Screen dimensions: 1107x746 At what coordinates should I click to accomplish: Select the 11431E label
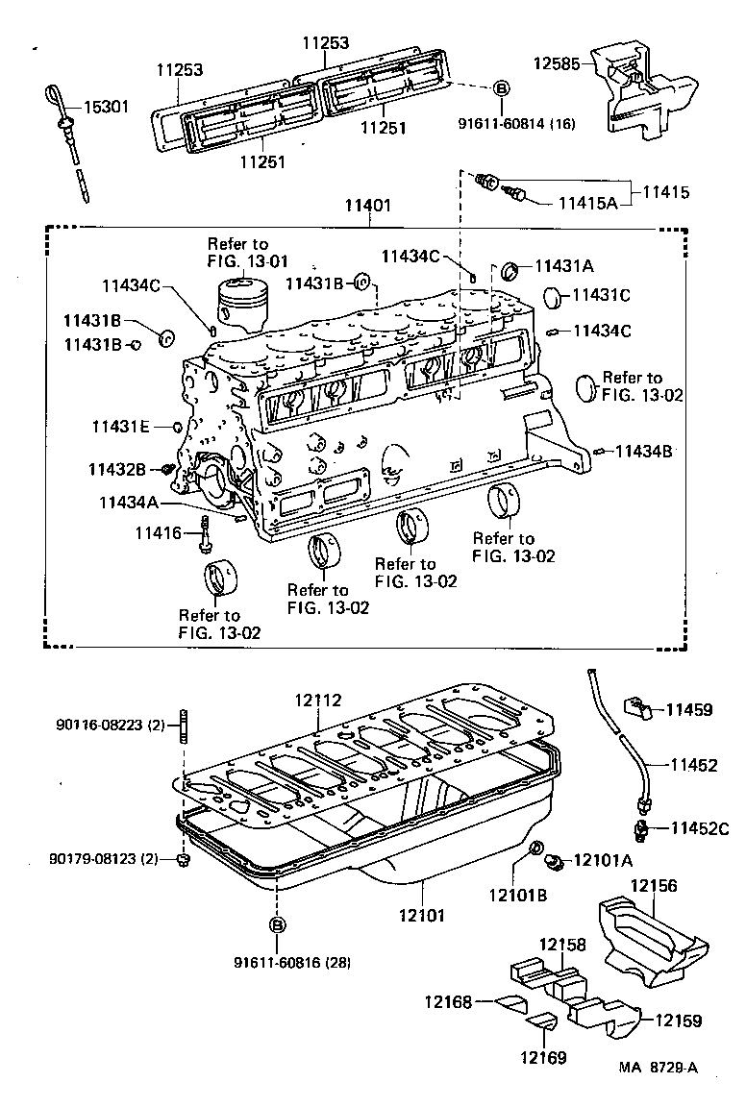[121, 426]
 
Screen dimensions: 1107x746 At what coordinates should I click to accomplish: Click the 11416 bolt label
[158, 532]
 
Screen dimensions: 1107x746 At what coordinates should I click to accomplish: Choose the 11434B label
[644, 450]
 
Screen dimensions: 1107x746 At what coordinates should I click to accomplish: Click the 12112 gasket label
[318, 702]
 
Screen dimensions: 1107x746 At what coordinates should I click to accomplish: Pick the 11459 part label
[691, 710]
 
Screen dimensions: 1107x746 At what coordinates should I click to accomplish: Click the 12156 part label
[654, 886]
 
